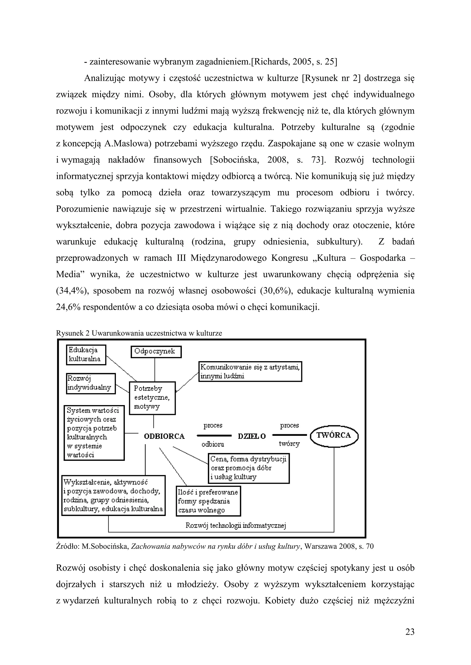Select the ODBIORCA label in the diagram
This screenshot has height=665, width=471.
(164, 436)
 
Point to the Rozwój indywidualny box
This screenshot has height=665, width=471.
(91, 383)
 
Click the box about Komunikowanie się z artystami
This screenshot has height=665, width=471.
(250, 371)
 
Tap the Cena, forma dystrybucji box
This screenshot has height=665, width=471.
(249, 468)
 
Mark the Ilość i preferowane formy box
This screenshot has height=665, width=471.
(208, 501)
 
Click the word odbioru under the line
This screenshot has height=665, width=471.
(213, 444)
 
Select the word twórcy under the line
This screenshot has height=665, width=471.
(289, 444)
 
